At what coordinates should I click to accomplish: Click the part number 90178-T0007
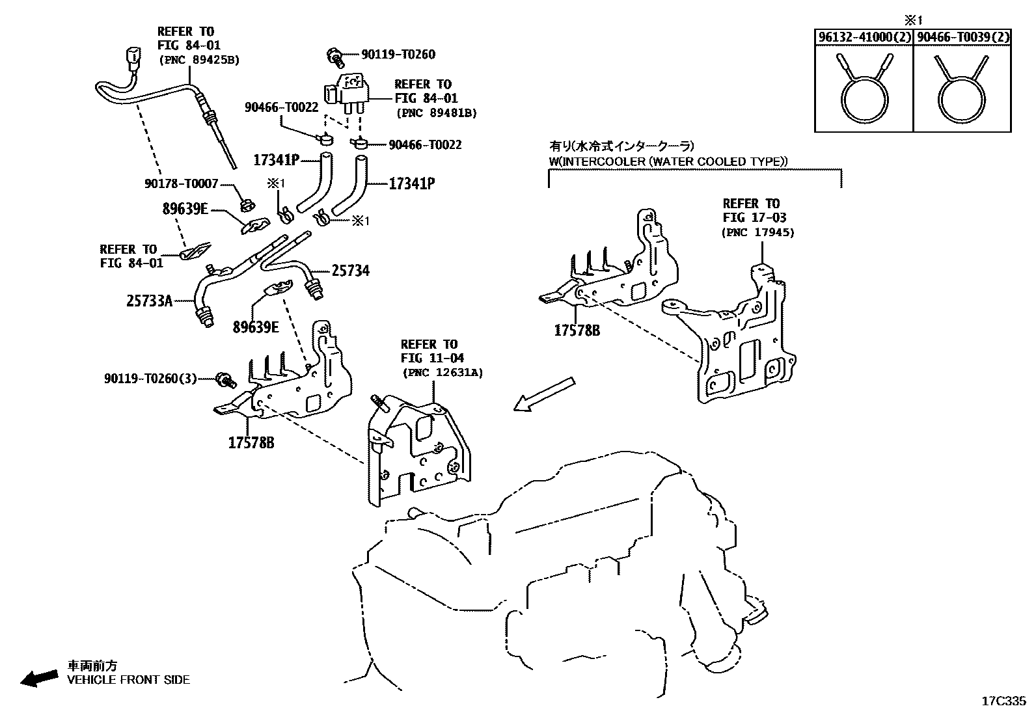click(x=181, y=184)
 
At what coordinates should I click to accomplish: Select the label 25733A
click(x=149, y=301)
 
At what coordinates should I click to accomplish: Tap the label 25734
click(x=350, y=270)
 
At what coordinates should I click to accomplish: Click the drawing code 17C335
click(x=1003, y=701)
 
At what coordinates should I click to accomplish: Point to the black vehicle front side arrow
click(x=38, y=679)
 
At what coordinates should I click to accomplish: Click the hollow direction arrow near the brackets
click(x=544, y=394)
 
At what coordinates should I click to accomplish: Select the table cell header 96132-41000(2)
click(x=864, y=38)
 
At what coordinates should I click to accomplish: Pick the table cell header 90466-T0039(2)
click(x=962, y=38)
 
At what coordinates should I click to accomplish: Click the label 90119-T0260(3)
click(x=150, y=378)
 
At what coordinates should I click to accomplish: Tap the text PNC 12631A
click(x=442, y=372)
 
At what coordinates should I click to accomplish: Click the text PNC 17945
click(x=758, y=232)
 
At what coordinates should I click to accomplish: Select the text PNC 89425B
click(x=198, y=60)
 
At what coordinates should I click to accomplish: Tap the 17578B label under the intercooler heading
click(x=577, y=331)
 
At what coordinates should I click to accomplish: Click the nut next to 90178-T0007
click(x=246, y=206)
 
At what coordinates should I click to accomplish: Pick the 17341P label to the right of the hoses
click(x=411, y=184)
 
